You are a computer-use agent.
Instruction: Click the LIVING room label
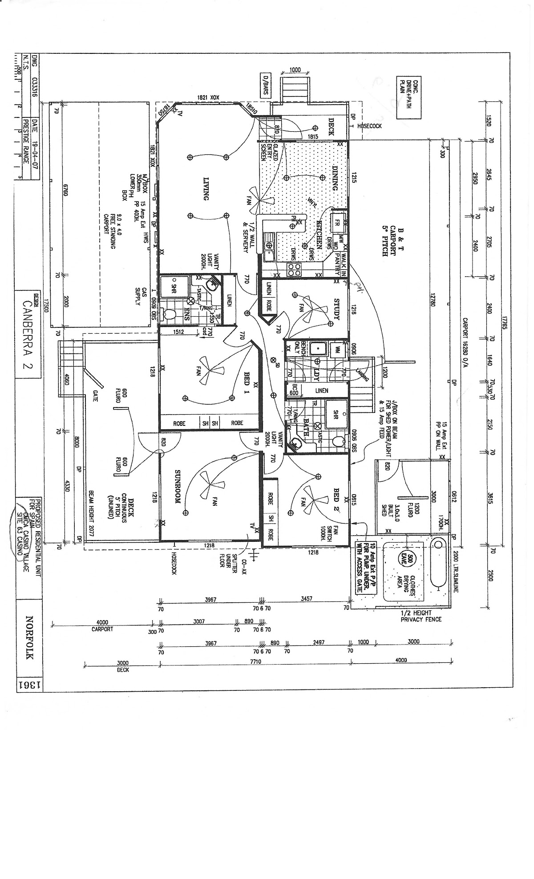tap(206, 189)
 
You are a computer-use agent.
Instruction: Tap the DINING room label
tap(336, 178)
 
